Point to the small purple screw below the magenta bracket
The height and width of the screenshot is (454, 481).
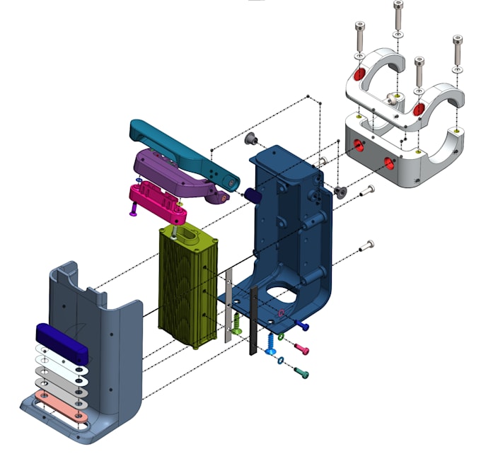tap(132, 209)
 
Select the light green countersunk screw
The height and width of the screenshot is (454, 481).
tap(238, 324)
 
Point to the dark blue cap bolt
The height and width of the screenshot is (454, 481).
tap(303, 327)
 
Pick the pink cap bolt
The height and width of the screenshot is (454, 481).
tap(301, 349)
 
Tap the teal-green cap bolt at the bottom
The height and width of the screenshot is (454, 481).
tap(301, 373)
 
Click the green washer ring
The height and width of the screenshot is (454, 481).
tap(281, 338)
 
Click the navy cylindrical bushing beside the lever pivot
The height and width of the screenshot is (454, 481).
tap(253, 195)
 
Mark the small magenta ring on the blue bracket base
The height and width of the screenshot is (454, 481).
tap(282, 312)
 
